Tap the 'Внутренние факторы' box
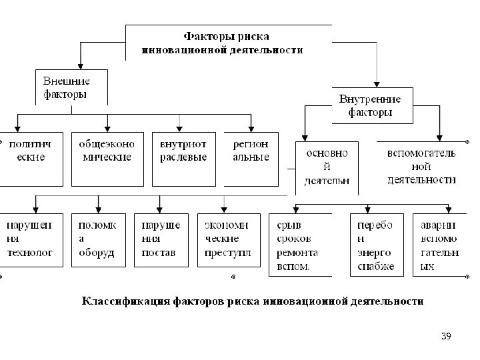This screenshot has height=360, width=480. (x=371, y=105)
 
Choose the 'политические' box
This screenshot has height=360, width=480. (x=31, y=159)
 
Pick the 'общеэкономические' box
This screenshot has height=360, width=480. (x=107, y=159)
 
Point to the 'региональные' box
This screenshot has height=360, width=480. (x=251, y=159)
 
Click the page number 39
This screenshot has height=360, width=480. (x=445, y=336)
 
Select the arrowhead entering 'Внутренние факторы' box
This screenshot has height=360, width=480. (x=377, y=84)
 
